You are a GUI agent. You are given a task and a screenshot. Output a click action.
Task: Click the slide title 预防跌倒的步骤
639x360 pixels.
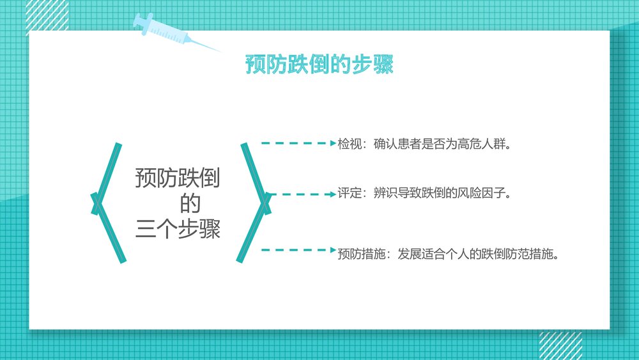[319, 65]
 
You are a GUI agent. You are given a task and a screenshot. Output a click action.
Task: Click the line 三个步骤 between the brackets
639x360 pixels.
[178, 229]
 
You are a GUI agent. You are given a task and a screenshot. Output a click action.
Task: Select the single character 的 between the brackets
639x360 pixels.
[190, 204]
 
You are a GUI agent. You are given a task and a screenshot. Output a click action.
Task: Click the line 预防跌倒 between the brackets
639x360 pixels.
[178, 179]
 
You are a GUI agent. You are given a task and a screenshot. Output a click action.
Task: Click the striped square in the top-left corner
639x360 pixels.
[47, 14]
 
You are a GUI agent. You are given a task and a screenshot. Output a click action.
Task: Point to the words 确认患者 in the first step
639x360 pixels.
[397, 144]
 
